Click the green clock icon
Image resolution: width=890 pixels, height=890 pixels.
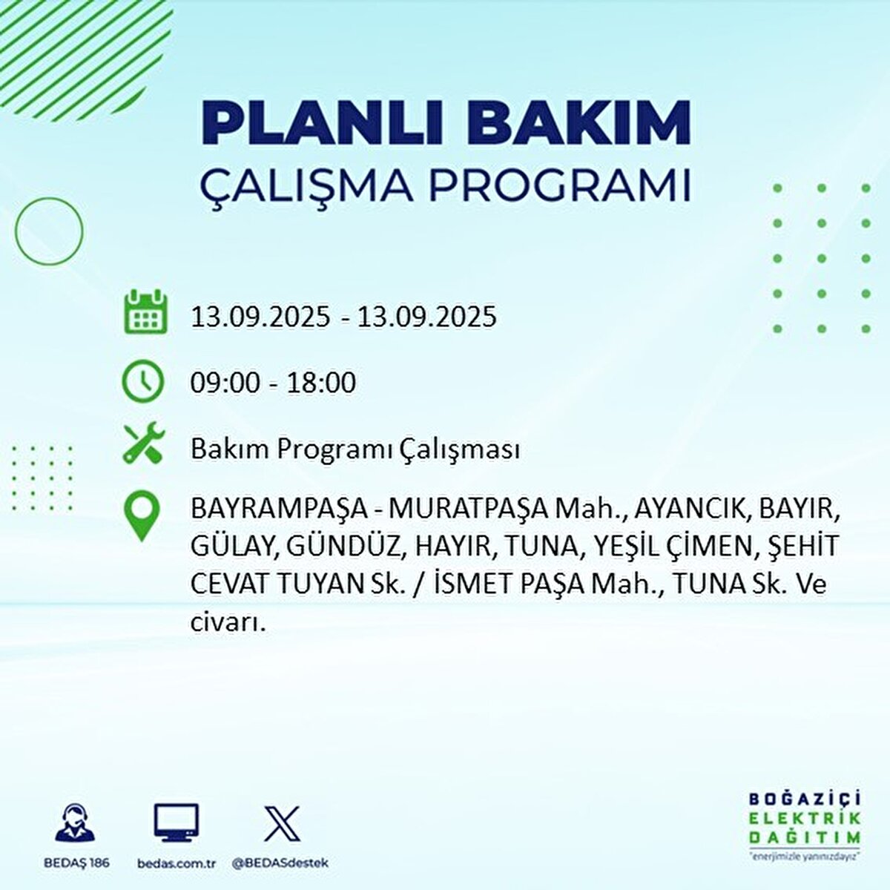click(x=142, y=381)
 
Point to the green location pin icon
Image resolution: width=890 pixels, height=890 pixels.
click(x=142, y=517)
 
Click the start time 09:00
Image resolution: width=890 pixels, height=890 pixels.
click(x=225, y=383)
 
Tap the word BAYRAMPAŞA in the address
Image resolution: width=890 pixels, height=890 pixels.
click(x=278, y=510)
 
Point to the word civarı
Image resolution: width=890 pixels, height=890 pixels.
click(x=228, y=622)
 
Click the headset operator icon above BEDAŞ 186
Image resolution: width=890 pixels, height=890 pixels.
click(x=76, y=825)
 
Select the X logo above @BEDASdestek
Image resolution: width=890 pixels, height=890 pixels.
click(x=282, y=824)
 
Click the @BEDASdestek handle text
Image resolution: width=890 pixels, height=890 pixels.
click(x=280, y=863)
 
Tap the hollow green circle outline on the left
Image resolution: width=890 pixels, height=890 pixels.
click(x=49, y=231)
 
